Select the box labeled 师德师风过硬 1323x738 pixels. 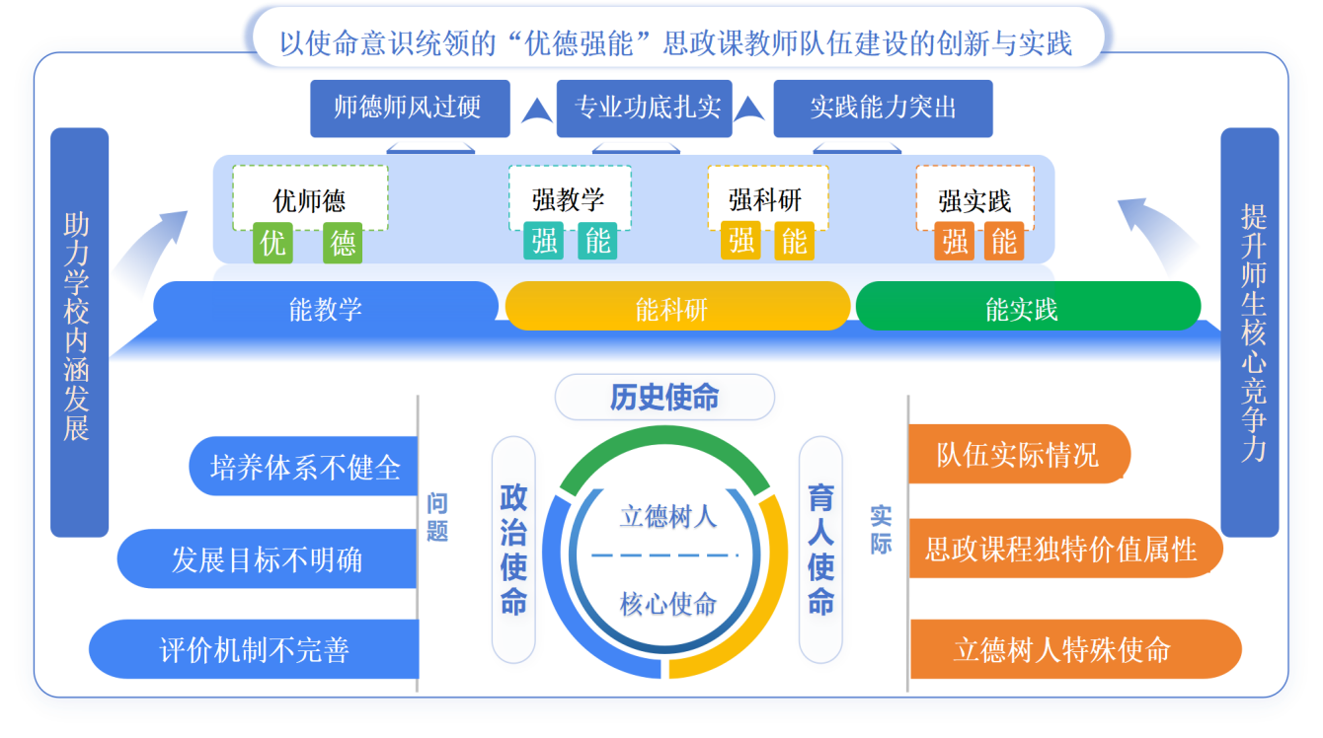point(410,108)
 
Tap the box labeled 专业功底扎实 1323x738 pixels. point(645,108)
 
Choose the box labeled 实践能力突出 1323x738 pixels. point(883,108)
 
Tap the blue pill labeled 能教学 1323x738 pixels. point(326,309)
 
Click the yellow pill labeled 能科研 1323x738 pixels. point(676,309)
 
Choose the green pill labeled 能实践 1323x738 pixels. point(1027,309)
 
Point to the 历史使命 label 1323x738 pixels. point(664,398)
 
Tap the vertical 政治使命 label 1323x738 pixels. point(513,550)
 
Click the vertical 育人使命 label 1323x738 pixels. point(820,550)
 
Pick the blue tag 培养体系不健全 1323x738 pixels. point(304,467)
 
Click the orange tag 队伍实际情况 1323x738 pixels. point(1017,455)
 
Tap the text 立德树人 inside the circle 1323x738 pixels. point(667,516)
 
